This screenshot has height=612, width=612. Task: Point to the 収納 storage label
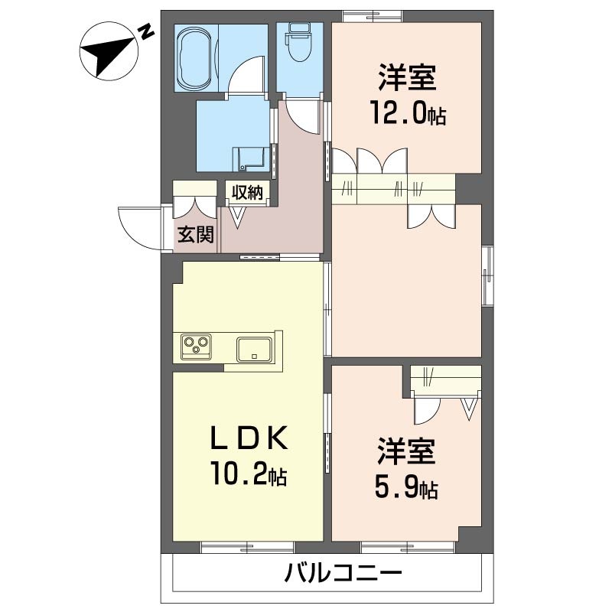247,192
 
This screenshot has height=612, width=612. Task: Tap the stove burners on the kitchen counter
197,347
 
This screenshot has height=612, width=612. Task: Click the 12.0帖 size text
408,115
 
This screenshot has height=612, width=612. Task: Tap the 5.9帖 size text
406,487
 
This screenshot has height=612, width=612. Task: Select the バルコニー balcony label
343,573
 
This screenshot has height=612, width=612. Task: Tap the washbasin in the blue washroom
250,158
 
